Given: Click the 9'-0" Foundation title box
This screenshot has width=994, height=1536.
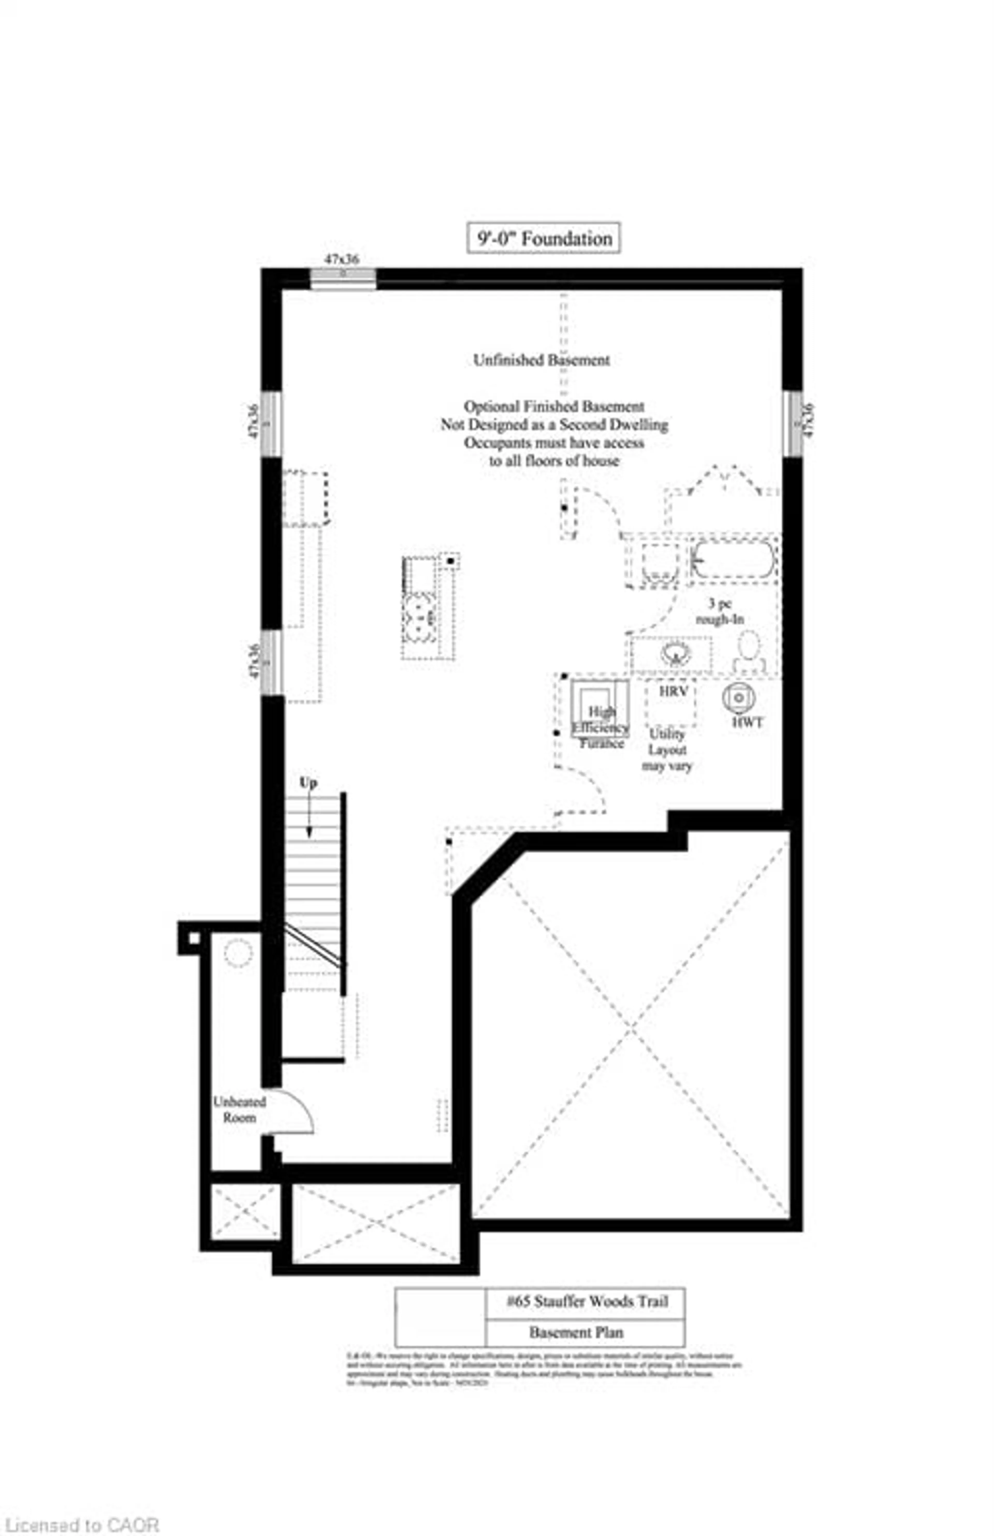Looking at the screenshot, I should [544, 238].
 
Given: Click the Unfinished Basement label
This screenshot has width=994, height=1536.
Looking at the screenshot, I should [542, 360].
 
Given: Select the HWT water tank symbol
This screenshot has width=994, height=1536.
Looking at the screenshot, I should [739, 698].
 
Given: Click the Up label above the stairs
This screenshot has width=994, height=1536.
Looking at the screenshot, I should [308, 783].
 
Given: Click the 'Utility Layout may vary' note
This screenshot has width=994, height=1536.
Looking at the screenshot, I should [667, 750].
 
